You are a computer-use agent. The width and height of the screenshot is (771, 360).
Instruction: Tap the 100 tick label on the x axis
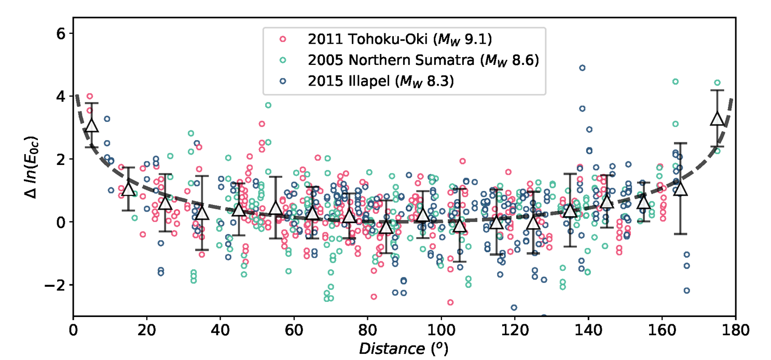click(441, 330)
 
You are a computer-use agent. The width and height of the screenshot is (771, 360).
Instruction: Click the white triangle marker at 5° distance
click(92, 126)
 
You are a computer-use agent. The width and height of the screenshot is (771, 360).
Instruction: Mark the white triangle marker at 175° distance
click(717, 118)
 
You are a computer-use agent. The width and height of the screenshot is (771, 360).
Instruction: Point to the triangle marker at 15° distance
click(129, 189)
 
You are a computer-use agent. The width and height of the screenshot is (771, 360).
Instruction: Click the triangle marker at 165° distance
click(680, 189)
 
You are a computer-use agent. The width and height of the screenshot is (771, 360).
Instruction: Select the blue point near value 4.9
click(582, 68)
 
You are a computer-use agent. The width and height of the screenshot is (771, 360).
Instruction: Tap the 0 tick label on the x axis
click(73, 330)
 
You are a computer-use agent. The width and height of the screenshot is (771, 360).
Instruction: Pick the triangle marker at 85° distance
click(385, 227)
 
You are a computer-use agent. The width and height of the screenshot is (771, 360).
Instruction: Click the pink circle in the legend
click(283, 38)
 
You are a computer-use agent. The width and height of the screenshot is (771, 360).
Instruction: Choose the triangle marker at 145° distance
click(607, 202)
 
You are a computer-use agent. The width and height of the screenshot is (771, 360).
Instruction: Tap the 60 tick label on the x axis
click(294, 330)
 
